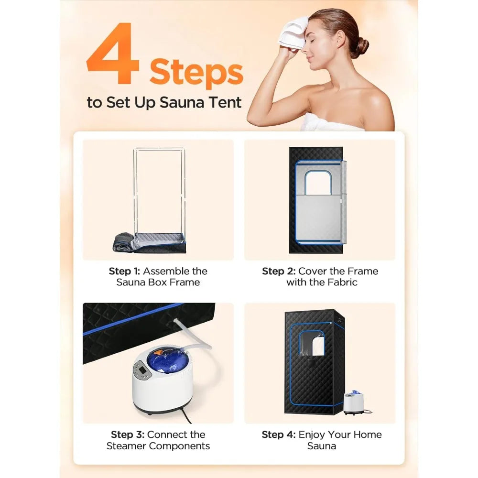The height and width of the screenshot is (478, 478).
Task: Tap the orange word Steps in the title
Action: [196, 73]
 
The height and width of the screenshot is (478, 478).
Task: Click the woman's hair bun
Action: [362, 46]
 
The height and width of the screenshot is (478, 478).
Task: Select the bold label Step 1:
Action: [126, 272]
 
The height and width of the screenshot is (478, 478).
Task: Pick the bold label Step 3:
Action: [128, 435]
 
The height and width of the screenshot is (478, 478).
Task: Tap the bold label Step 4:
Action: [279, 435]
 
